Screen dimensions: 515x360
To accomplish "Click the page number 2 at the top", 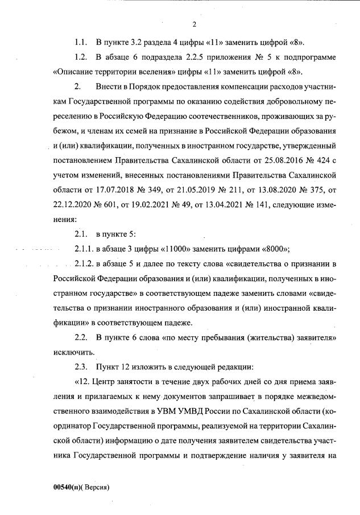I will coord(194,24).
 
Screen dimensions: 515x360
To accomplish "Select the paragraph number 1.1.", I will coord(81,43).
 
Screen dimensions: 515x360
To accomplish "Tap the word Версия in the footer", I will coord(94,488).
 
